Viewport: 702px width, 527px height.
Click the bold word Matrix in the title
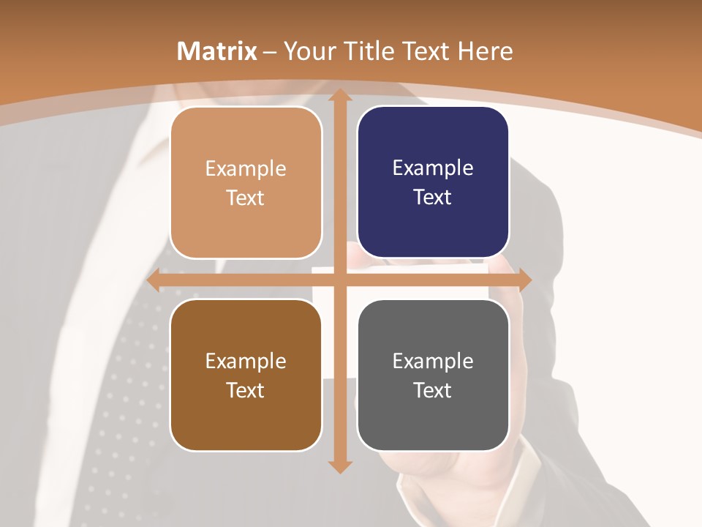[217, 51]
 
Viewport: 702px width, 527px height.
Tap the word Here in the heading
[485, 51]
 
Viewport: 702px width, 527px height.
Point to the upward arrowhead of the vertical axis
[339, 96]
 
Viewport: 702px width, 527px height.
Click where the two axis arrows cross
[339, 280]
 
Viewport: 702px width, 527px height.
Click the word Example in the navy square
[433, 168]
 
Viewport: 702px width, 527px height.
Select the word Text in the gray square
[433, 390]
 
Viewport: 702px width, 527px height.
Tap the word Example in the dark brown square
[246, 361]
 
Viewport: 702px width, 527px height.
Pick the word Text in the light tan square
[246, 198]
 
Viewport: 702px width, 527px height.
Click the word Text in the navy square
[433, 198]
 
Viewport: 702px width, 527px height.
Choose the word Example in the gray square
[433, 361]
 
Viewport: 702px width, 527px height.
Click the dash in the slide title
[270, 52]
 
